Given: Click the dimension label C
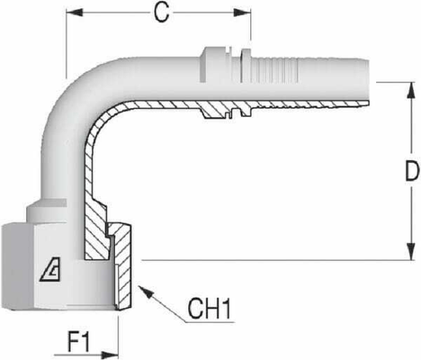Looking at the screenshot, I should coord(159,13).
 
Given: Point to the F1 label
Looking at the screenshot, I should coord(81,343).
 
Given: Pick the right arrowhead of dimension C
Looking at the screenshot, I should coord(244,13).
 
